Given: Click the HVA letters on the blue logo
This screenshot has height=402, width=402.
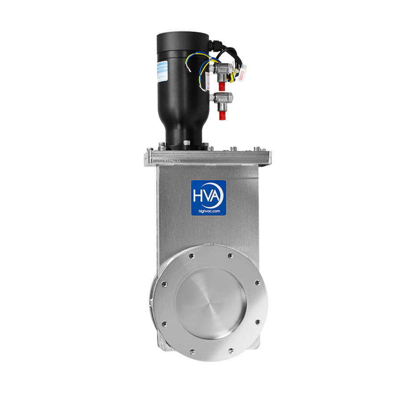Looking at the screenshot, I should click(x=208, y=196).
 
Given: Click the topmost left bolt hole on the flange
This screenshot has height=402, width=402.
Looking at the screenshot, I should click(x=191, y=256).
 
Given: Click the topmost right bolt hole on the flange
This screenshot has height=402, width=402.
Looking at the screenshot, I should click(x=230, y=255).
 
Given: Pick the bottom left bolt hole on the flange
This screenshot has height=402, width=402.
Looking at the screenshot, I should click(x=191, y=352).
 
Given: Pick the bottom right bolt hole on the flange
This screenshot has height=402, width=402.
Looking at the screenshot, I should click(x=230, y=351).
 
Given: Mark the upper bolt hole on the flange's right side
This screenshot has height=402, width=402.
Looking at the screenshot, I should click(x=257, y=283).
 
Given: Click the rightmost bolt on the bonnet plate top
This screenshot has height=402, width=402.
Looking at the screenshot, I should click(x=258, y=149).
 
